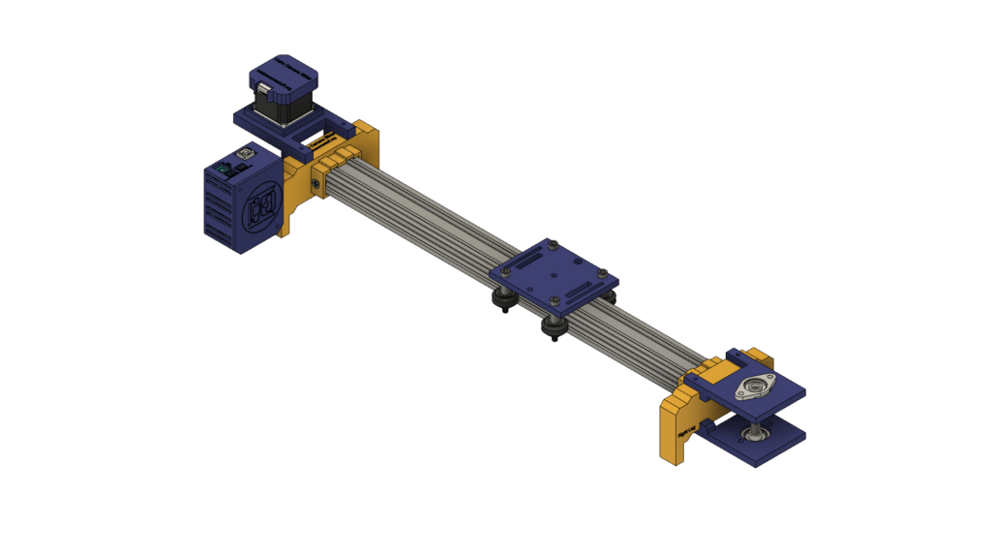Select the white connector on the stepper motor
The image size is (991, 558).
(262, 91)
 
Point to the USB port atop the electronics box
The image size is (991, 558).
(242, 154)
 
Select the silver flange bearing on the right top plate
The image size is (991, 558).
(754, 387)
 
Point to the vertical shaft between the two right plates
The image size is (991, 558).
(752, 415)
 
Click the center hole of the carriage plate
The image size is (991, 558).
(553, 275)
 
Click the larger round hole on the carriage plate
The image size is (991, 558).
(531, 264)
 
